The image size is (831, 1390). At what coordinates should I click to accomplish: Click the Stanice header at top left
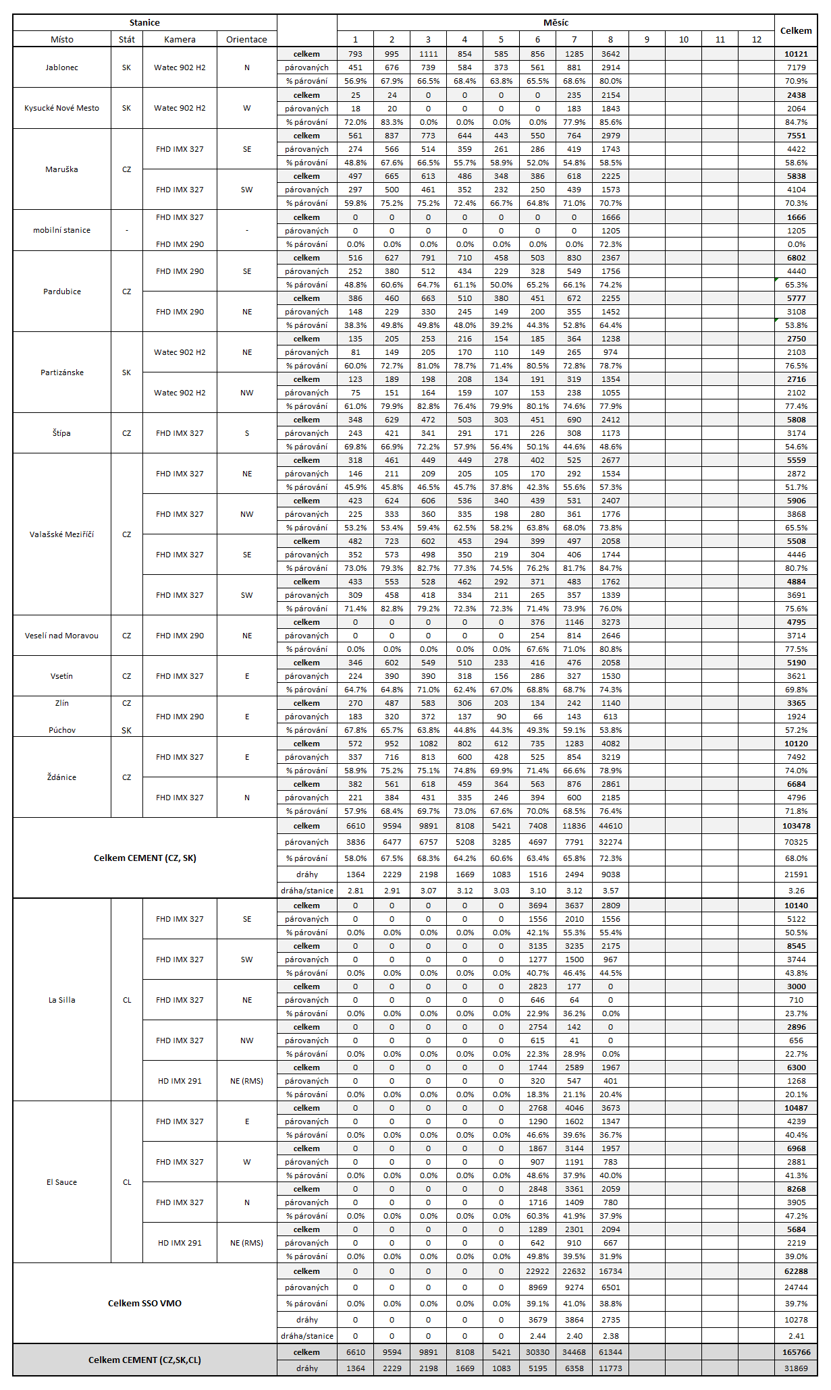coord(144,22)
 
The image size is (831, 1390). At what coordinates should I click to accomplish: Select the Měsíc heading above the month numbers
coord(556,22)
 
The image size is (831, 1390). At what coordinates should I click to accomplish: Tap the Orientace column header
coord(246,39)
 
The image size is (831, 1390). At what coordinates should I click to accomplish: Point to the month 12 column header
coord(756,39)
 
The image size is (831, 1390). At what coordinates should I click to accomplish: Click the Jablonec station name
coord(61,67)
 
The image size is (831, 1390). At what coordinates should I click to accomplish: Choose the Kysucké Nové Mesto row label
coord(61,108)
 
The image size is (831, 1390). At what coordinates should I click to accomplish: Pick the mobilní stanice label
coord(61,230)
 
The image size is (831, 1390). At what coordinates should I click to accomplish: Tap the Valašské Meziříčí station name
coord(61,534)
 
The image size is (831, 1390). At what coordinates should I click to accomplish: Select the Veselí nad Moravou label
coord(61,636)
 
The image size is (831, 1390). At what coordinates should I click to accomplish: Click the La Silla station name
coord(61,1000)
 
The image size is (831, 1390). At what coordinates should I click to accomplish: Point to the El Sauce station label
coord(61,1182)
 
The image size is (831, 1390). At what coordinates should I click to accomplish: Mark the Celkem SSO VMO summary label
coord(144,1303)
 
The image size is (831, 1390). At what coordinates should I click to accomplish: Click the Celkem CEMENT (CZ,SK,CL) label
coord(144,1360)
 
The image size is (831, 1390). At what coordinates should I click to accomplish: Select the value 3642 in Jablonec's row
coord(610,54)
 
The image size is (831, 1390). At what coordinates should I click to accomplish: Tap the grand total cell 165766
coord(796,1352)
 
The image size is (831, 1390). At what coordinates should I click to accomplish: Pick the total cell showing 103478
coord(796,826)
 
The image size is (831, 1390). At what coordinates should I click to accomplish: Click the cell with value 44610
coord(610,826)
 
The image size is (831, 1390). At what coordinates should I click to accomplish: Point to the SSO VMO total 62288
coord(796,1271)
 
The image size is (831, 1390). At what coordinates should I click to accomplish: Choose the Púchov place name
coord(61,730)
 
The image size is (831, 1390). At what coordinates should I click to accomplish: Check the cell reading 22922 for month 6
coord(537,1271)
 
